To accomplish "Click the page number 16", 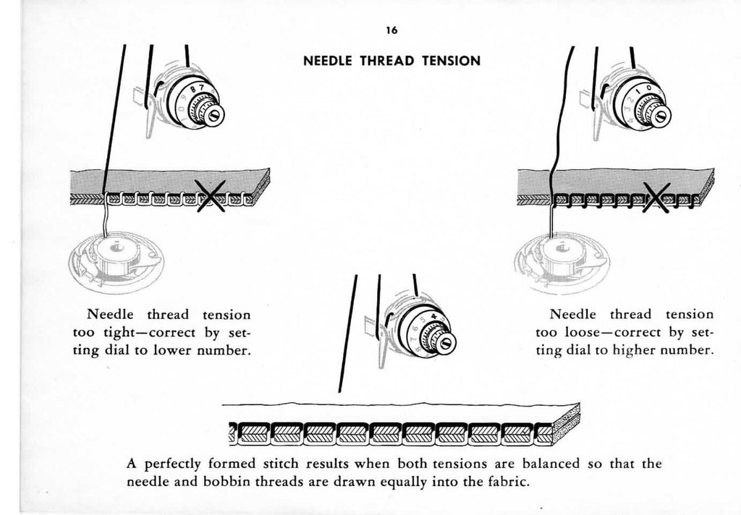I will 391,30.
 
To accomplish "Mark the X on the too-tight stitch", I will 211,196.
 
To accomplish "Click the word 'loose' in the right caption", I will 585,333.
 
